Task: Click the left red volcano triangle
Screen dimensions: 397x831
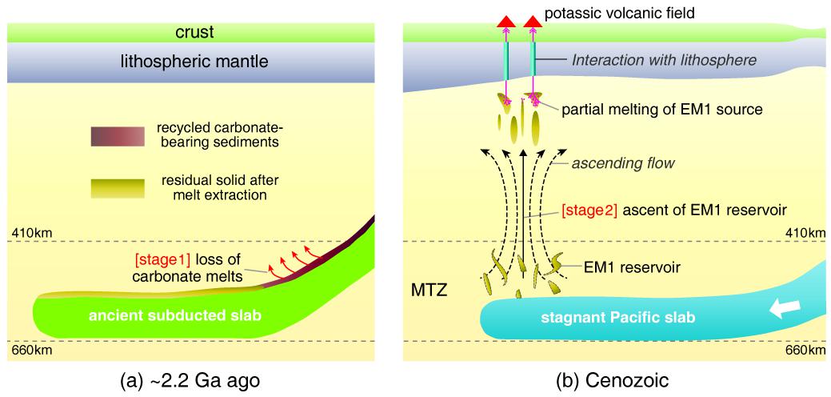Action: click(505, 21)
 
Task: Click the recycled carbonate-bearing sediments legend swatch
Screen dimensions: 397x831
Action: click(118, 138)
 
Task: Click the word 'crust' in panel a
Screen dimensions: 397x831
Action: click(196, 32)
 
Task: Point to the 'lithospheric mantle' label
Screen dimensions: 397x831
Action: click(196, 62)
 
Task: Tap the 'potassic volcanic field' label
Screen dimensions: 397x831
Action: click(630, 14)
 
